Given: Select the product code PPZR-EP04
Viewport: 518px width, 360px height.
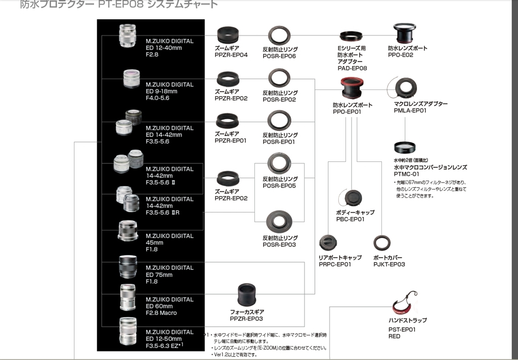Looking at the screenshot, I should [231, 55].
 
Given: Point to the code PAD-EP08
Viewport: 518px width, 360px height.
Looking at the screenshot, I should [352, 68].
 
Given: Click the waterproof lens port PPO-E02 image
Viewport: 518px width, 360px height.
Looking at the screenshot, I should [407, 34].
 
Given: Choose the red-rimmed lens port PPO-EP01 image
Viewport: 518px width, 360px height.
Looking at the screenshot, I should [352, 89].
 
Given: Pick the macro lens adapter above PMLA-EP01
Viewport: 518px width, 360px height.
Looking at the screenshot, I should [406, 88].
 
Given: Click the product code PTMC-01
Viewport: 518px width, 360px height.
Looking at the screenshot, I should [406, 174].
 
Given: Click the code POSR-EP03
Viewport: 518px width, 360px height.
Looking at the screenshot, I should [279, 245].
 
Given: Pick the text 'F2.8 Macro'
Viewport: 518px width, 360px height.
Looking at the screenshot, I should [161, 313].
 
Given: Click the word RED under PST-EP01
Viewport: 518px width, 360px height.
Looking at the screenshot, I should [394, 336].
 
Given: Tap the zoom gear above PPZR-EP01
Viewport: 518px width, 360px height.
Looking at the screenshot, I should [227, 121].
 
